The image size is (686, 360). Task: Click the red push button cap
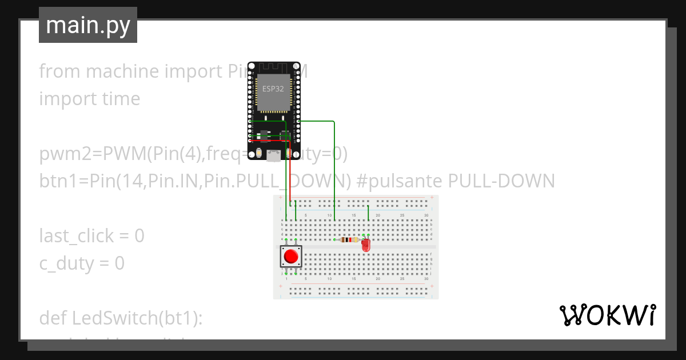[x=291, y=256]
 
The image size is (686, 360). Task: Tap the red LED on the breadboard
[x=366, y=245]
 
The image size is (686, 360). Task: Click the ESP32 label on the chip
[x=273, y=89]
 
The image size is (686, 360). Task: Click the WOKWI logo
[x=607, y=315]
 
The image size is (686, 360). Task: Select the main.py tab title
[x=88, y=26]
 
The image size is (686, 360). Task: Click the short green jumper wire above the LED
[x=368, y=213]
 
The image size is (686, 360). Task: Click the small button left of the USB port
[x=260, y=153]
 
